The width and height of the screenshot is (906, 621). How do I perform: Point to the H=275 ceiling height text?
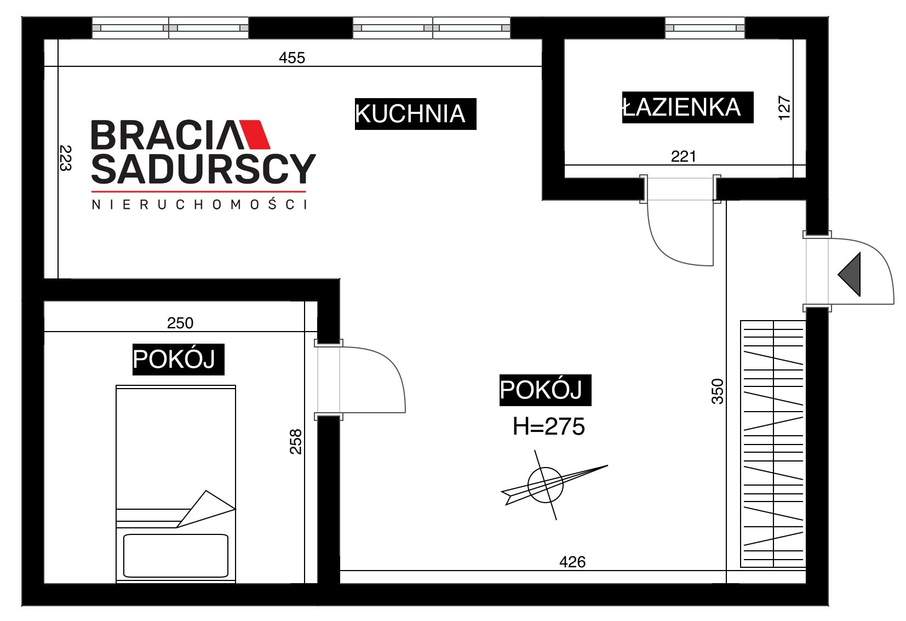click(x=549, y=426)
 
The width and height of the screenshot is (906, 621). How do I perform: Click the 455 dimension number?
click(x=292, y=58)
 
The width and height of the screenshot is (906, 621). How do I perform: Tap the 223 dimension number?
click(x=65, y=158)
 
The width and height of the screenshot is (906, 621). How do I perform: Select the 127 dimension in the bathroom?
click(x=784, y=107)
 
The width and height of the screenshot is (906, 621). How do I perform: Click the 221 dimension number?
click(x=684, y=156)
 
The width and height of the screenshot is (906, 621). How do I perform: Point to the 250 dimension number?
click(x=180, y=323)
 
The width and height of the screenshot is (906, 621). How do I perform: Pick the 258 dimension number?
click(x=296, y=442)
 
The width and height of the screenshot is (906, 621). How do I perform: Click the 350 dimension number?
click(x=717, y=391)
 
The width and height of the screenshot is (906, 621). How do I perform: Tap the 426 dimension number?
click(x=572, y=562)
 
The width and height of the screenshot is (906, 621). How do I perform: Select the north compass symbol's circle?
click(x=545, y=485)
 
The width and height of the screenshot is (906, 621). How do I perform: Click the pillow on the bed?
click(x=176, y=555)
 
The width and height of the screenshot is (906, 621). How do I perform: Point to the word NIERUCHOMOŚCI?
click(x=199, y=204)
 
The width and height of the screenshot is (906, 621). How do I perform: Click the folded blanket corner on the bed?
click(x=206, y=509)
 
